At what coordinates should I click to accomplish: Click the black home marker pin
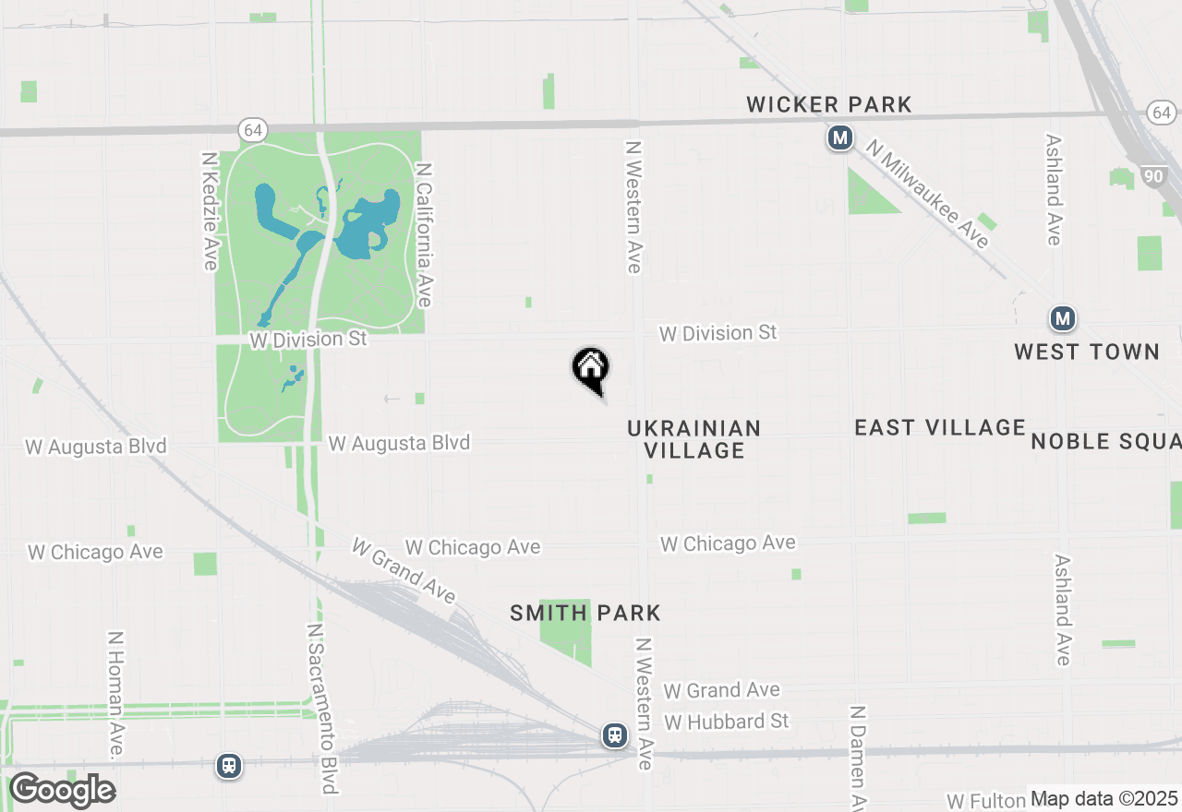tap(591, 369)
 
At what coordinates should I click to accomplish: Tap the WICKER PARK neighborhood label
tap(828, 105)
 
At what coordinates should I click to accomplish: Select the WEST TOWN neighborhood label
tap(1086, 352)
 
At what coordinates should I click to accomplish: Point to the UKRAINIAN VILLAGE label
tap(694, 439)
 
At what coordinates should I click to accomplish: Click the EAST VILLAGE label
tap(940, 427)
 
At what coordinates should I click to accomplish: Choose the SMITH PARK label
tap(585, 613)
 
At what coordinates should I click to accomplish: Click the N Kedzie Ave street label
tap(210, 211)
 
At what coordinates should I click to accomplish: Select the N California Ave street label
tap(424, 235)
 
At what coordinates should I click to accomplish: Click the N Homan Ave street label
tap(115, 695)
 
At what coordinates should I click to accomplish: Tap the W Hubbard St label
tap(727, 721)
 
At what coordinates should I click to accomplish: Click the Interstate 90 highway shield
tap(1152, 176)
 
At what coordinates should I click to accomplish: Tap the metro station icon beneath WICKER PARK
tap(839, 139)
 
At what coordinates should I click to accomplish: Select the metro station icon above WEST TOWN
tap(1063, 319)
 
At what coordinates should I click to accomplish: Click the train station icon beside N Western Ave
tap(615, 735)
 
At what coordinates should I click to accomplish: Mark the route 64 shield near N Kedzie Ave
tap(252, 129)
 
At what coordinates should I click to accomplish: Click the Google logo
tap(62, 791)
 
